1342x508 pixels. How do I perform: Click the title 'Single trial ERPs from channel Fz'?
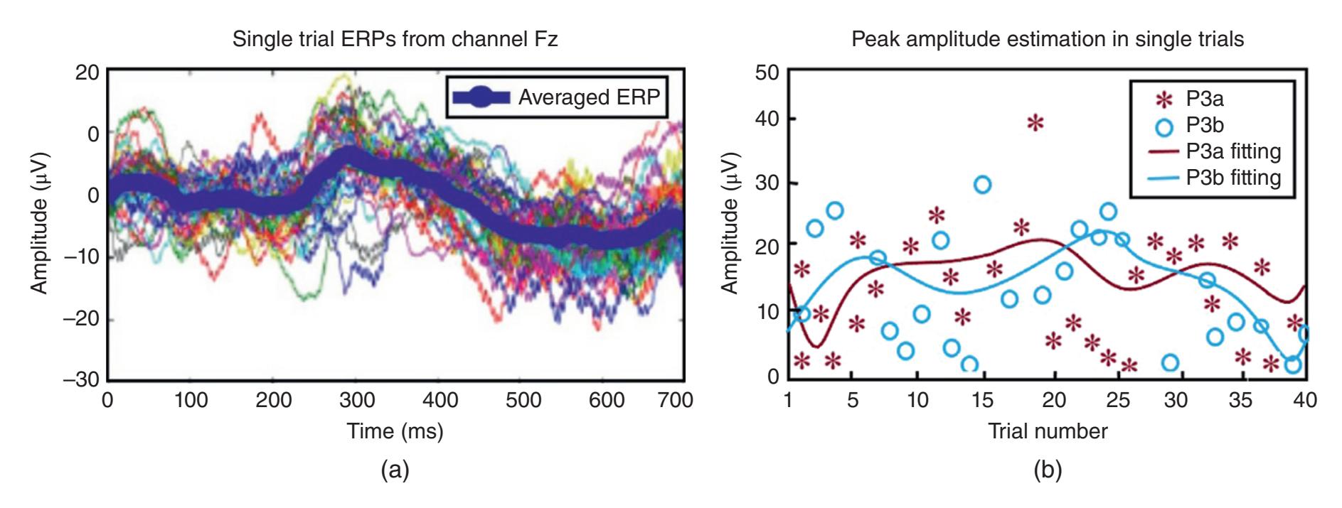click(x=395, y=39)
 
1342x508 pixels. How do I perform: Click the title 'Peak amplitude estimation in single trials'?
click(x=1048, y=39)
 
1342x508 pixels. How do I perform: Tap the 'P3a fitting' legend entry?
click(x=1233, y=151)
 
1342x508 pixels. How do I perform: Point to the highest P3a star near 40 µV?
click(x=1035, y=123)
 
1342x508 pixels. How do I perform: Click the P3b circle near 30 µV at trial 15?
click(x=982, y=185)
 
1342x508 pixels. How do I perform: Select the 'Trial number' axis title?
click(x=1047, y=431)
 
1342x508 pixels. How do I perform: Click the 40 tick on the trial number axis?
click(x=1305, y=401)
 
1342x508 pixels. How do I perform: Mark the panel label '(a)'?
click(x=395, y=470)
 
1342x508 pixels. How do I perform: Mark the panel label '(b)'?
click(x=1047, y=470)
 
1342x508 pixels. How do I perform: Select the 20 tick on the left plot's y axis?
click(x=87, y=72)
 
